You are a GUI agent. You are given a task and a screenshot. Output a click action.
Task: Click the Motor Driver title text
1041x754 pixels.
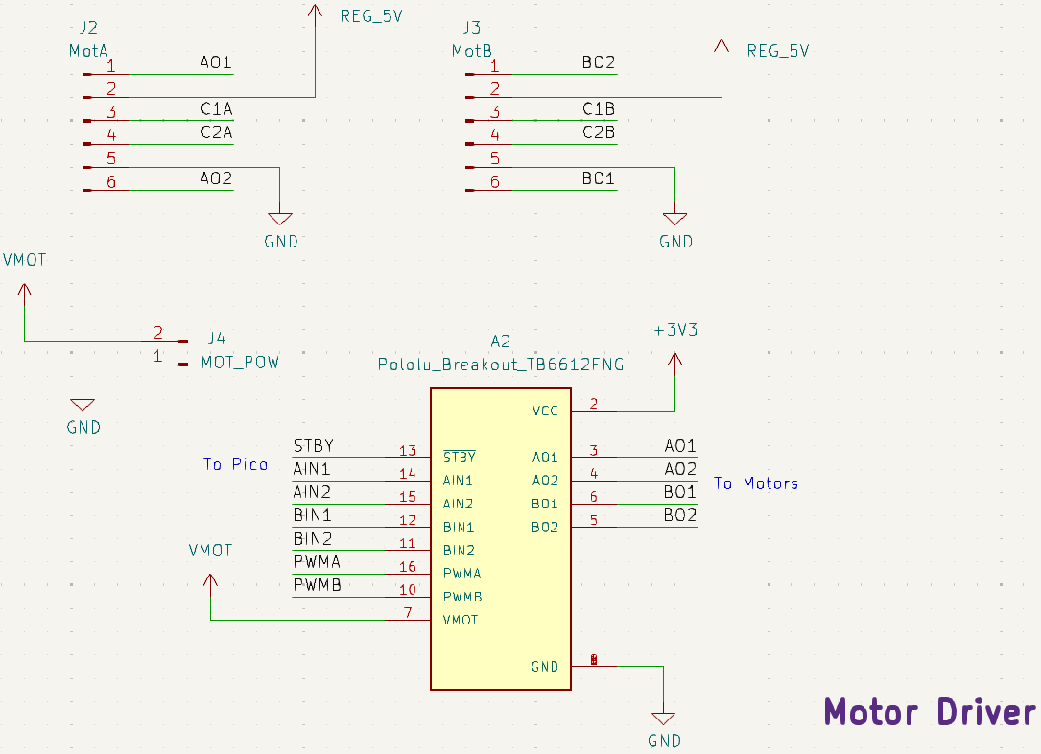pos(930,713)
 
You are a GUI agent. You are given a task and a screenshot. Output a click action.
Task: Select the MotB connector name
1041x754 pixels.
pos(471,50)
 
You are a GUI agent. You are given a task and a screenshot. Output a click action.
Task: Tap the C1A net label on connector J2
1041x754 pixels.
pos(216,109)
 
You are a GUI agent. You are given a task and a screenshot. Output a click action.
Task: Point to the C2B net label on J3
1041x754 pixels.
pos(599,132)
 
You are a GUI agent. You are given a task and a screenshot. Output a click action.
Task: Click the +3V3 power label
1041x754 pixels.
pos(674,330)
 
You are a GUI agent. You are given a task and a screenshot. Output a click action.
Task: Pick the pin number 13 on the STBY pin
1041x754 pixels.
pos(408,451)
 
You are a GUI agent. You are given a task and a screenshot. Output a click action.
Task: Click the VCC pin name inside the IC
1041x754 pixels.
pos(545,412)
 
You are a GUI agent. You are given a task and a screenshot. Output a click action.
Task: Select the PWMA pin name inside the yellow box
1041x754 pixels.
pos(461,574)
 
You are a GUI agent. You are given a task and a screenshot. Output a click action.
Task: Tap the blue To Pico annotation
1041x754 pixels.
pos(235,464)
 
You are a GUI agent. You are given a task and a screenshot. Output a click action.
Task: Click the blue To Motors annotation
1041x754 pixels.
pos(755,483)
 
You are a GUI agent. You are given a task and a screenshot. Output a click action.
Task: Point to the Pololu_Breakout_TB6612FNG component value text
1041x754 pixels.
pos(500,365)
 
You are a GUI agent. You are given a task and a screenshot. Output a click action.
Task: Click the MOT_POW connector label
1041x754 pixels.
pos(240,363)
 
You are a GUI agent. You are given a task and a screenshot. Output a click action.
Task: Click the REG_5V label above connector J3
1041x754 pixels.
pos(777,51)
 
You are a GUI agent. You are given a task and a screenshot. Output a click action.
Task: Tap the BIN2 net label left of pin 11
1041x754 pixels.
pos(312,538)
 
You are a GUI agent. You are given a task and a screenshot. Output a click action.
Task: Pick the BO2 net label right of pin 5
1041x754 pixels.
pos(679,515)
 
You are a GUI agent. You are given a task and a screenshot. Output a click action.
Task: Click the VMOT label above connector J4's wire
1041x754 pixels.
pos(24,260)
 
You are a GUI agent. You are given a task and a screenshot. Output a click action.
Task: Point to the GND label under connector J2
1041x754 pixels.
pos(281,242)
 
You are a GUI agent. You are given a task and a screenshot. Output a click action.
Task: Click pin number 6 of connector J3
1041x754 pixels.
pos(494,181)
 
